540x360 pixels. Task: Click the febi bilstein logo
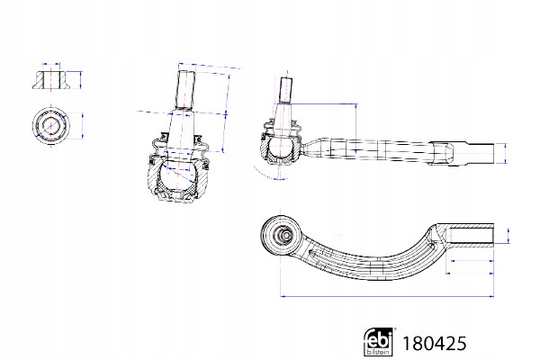pyautogui.click(x=379, y=341)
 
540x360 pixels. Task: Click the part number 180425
pyautogui.click(x=435, y=344)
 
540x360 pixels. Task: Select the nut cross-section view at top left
pyautogui.click(x=51, y=80)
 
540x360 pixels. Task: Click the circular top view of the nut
pyautogui.click(x=51, y=125)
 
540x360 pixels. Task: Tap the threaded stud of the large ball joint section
pyautogui.click(x=186, y=90)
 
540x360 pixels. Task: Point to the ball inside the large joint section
pyautogui.click(x=178, y=175)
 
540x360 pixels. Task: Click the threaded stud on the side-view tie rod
pyautogui.click(x=286, y=90)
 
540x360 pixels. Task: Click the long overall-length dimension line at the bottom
pyautogui.click(x=387, y=296)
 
